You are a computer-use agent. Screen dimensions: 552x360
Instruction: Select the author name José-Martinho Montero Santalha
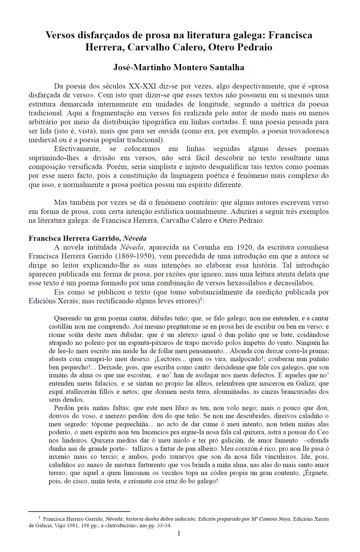click(x=179, y=68)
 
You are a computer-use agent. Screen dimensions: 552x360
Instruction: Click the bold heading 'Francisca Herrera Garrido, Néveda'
click(x=88, y=238)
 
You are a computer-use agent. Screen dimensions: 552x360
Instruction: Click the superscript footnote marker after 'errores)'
click(x=200, y=299)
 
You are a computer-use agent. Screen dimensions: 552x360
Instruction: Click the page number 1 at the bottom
click(x=179, y=533)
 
